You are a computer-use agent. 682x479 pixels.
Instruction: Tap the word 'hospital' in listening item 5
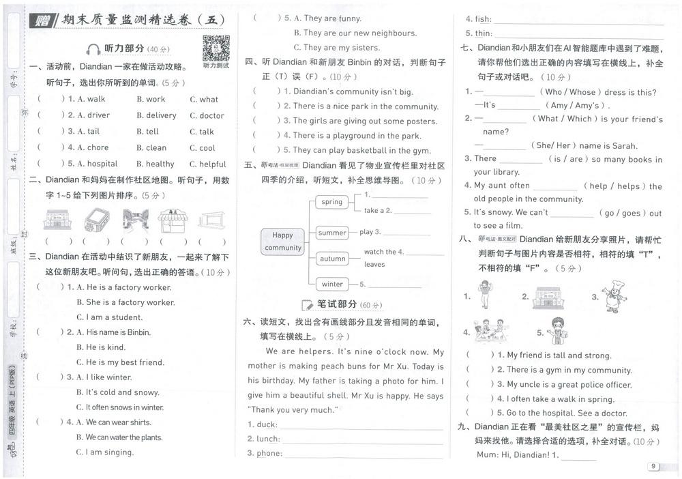102,164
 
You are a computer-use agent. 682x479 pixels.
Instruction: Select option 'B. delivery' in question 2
156,115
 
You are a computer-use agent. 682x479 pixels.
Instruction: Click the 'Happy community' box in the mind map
282,241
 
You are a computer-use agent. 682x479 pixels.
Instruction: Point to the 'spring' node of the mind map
331,202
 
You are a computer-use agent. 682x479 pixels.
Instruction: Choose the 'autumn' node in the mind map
332,259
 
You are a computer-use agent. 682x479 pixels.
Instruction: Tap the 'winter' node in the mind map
332,284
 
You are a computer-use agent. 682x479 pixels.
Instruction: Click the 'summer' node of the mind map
332,233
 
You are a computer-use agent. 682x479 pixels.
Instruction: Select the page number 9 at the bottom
653,467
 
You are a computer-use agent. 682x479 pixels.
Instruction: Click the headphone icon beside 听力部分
93,49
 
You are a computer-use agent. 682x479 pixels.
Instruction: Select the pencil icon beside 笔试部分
308,304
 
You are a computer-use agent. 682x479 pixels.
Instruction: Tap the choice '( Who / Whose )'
571,92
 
